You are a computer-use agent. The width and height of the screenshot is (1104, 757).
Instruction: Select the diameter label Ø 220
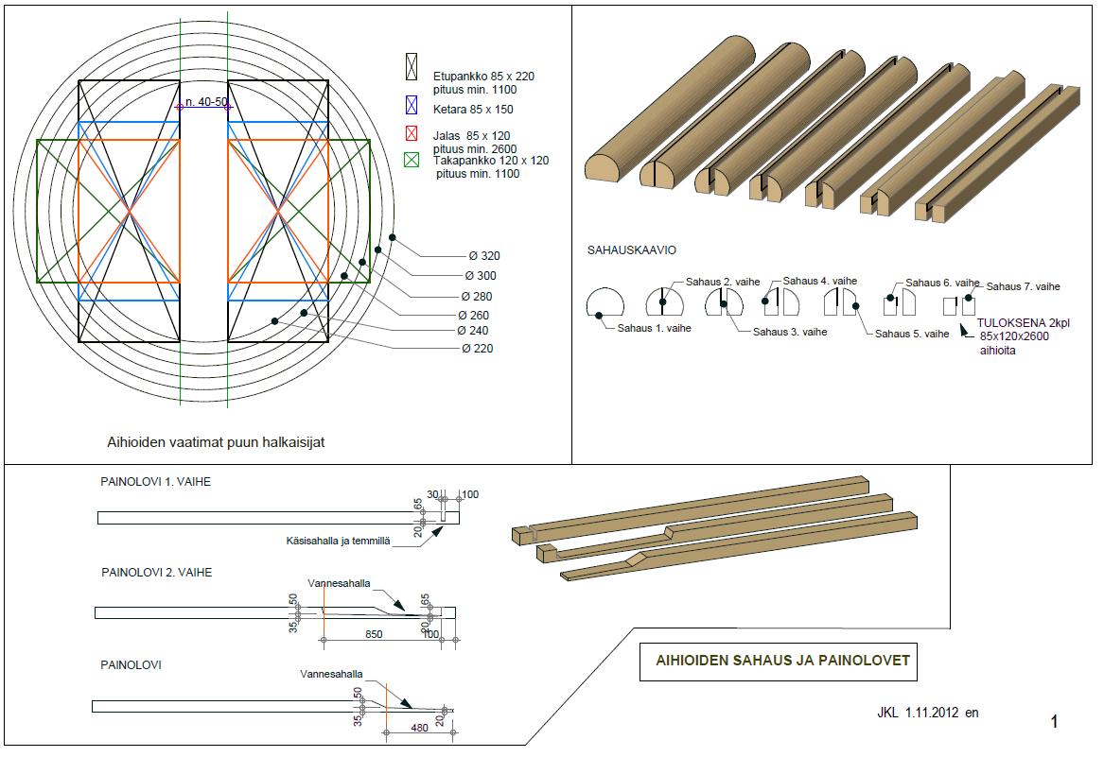[478, 349]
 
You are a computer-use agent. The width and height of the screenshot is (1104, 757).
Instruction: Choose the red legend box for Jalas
[411, 135]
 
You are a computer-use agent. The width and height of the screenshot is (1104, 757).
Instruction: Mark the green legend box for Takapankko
[411, 162]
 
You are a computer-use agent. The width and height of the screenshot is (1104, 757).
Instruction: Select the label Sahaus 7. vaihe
[1023, 286]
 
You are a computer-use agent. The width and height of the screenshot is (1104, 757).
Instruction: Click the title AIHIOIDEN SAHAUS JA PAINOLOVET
[782, 661]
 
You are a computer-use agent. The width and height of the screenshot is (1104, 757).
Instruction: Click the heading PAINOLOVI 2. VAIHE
[156, 573]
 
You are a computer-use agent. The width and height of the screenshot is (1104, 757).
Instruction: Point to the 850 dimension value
[374, 634]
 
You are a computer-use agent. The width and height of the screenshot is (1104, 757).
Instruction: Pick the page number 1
[1054, 722]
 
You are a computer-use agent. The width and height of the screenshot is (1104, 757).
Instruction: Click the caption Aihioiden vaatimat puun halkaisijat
[218, 441]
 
